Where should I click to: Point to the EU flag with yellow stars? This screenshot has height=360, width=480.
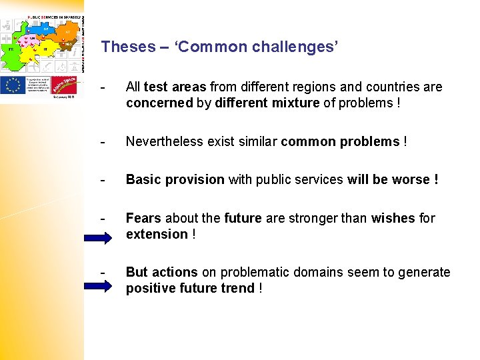pyautogui.click(x=13, y=85)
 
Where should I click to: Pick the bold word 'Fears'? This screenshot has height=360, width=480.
pyautogui.click(x=144, y=218)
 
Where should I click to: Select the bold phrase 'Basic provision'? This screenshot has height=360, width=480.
pyautogui.click(x=175, y=179)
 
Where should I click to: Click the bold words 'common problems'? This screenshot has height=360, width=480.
pyautogui.click(x=340, y=141)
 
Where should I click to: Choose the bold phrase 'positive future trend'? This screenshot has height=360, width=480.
pyautogui.click(x=190, y=288)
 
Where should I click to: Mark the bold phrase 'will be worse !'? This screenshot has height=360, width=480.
pyautogui.click(x=393, y=179)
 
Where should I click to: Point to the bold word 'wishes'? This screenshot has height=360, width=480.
pyautogui.click(x=394, y=218)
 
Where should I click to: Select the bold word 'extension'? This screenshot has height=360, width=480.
pyautogui.click(x=157, y=234)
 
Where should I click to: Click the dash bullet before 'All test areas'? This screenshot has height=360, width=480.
pyautogui.click(x=101, y=87)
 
